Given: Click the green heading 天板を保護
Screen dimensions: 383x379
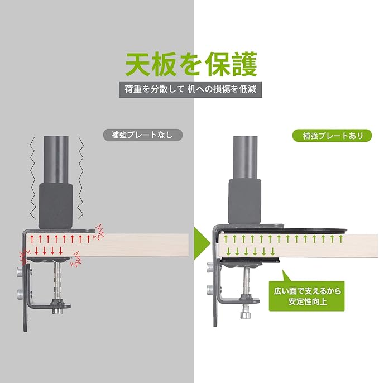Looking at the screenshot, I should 190,64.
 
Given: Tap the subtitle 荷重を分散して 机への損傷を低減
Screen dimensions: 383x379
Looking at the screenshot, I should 190,89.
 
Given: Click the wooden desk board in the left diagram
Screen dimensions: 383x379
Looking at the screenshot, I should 140,245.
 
